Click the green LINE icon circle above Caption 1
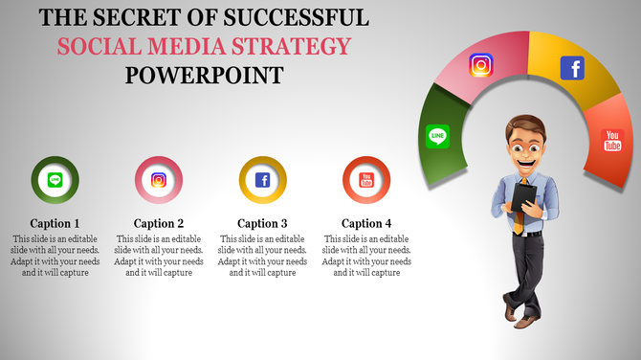55,179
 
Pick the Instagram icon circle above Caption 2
159,179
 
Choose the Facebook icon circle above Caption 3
262,179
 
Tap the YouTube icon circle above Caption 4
366,179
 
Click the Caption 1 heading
55,223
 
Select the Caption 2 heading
159,223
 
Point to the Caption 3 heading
262,223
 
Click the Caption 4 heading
366,223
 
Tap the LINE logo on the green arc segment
438,136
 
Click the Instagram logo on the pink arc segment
481,65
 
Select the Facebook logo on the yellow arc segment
572,68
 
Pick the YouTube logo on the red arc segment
612,141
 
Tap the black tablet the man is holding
524,196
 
